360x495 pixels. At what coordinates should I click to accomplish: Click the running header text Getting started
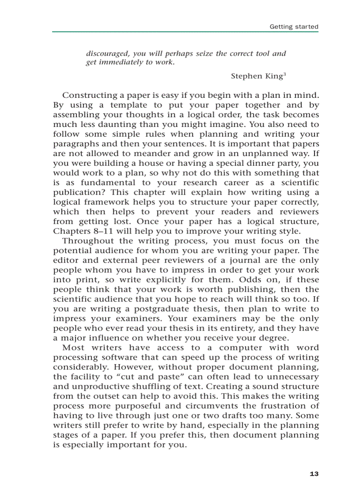coord(294,26)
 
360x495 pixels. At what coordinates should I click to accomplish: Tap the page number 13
coord(314,474)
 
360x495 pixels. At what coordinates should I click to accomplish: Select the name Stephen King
coord(256,76)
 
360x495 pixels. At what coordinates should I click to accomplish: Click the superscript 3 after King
coord(285,74)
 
